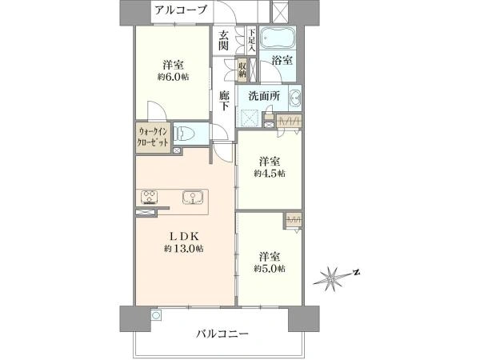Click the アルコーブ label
[181, 10]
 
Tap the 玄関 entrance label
[224, 40]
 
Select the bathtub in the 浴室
[278, 38]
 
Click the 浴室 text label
[282, 60]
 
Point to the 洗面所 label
[263, 97]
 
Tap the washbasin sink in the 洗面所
[295, 98]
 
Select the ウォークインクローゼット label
[153, 137]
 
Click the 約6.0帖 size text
[173, 77]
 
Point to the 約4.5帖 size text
[270, 174]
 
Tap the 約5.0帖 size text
[270, 269]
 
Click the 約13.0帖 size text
[183, 249]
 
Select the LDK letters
[185, 236]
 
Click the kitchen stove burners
[149, 197]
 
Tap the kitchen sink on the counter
[193, 198]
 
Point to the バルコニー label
[222, 334]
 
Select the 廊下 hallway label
[224, 101]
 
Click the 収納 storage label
[242, 70]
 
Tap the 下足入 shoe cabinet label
[252, 41]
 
